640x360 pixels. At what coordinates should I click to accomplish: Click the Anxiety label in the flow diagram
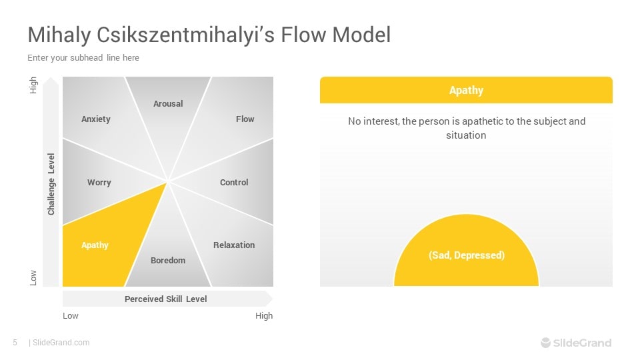pyautogui.click(x=96, y=119)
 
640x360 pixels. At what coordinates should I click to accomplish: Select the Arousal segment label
pyautogui.click(x=168, y=103)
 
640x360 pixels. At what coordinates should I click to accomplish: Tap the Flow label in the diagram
pyautogui.click(x=245, y=119)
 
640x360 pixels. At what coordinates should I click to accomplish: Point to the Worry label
pyautogui.click(x=99, y=182)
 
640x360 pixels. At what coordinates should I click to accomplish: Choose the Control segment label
pyautogui.click(x=234, y=182)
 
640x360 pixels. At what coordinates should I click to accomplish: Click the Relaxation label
pyautogui.click(x=234, y=245)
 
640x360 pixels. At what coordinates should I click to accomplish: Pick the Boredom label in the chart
pyautogui.click(x=168, y=260)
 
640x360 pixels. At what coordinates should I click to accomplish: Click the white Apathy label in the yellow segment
pyautogui.click(x=95, y=245)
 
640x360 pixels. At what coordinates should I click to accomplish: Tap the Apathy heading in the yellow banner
pyautogui.click(x=466, y=90)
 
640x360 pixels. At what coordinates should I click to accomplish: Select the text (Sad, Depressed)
pyautogui.click(x=466, y=255)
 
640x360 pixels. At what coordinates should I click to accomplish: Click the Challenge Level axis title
pyautogui.click(x=51, y=184)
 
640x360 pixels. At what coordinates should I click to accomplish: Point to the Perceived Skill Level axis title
pyautogui.click(x=165, y=299)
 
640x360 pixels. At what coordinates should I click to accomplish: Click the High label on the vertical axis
pyautogui.click(x=34, y=85)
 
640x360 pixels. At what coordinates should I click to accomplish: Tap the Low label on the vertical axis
pyautogui.click(x=34, y=278)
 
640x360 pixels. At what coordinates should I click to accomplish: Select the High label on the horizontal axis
pyautogui.click(x=264, y=315)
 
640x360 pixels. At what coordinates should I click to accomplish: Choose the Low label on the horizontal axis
pyautogui.click(x=71, y=315)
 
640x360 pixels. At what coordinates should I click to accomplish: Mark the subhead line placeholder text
pyautogui.click(x=83, y=58)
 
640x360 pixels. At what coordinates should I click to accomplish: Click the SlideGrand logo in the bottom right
pyautogui.click(x=576, y=343)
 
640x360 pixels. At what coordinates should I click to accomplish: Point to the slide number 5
pyautogui.click(x=15, y=343)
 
